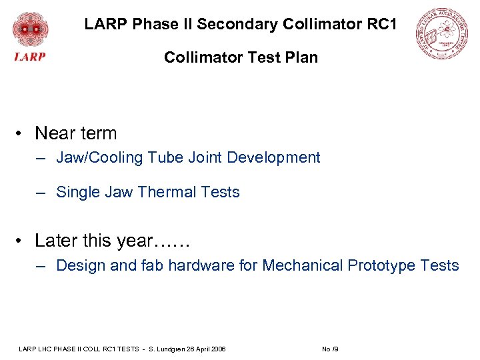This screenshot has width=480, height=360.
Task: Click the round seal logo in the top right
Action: point(441,35)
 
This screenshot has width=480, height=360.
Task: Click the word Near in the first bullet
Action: point(55,133)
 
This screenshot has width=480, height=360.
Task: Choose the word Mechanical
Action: point(303,265)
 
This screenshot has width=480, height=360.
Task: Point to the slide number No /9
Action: point(331,349)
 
